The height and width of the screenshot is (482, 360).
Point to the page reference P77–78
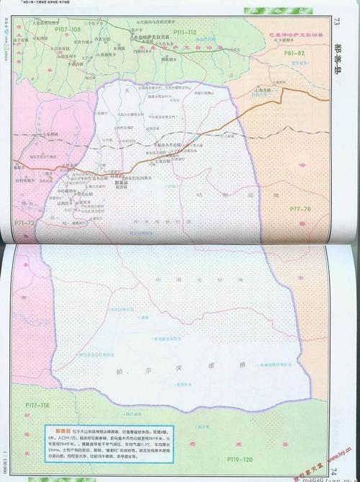tap(301, 208)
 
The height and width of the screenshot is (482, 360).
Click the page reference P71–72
tap(24, 223)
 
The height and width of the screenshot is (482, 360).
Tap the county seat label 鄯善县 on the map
tap(121, 183)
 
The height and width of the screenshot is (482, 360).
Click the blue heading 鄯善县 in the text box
tap(56, 429)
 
